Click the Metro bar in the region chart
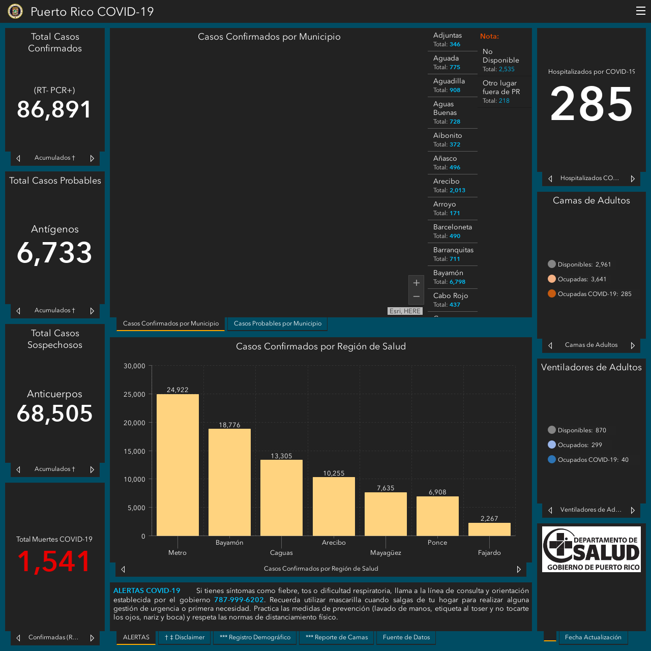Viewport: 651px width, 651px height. [177, 465]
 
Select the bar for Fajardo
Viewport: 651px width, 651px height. [489, 529]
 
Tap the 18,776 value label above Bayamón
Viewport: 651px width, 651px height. [229, 425]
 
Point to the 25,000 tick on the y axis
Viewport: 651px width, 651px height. [134, 394]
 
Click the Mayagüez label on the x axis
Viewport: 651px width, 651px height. [386, 553]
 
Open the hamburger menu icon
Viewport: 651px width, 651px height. [640, 11]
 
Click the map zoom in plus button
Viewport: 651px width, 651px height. [416, 283]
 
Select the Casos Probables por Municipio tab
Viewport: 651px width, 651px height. [277, 323]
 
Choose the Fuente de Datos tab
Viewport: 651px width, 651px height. [406, 637]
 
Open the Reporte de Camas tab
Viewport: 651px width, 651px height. [337, 637]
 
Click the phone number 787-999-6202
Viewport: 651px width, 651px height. [239, 600]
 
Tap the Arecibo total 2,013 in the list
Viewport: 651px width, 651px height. [457, 190]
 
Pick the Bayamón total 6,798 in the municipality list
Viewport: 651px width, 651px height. [457, 282]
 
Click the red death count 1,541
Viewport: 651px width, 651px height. [54, 561]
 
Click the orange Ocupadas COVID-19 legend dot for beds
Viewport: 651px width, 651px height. [552, 293]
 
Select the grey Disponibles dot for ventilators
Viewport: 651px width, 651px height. [552, 430]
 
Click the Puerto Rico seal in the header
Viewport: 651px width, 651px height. [15, 11]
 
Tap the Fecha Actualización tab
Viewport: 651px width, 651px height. [593, 637]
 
